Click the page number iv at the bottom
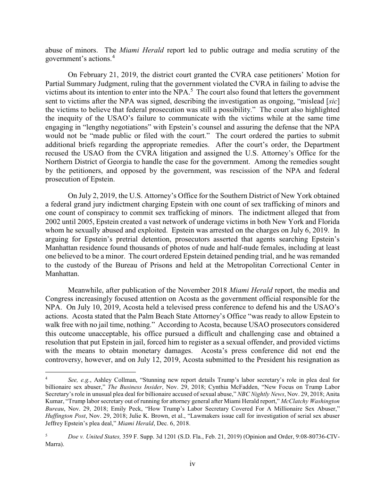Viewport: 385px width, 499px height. (192, 464)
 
